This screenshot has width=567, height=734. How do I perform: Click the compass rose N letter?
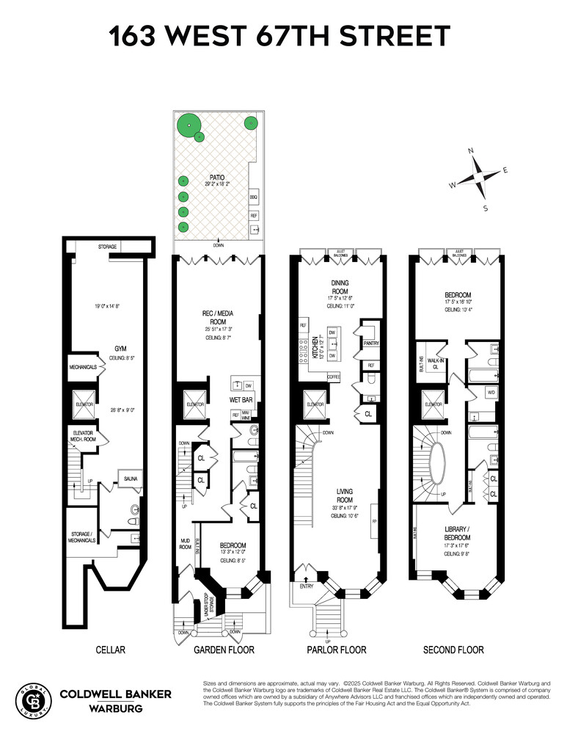(471, 151)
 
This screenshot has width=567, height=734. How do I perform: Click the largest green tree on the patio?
(189, 126)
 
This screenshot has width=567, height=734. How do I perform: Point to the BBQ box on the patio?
(254, 198)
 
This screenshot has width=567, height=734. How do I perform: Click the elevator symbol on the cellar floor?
(81, 404)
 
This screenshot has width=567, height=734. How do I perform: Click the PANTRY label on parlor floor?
(370, 343)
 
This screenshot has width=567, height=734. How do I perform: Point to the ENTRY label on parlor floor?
(304, 586)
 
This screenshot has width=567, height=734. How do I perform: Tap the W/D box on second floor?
(491, 393)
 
